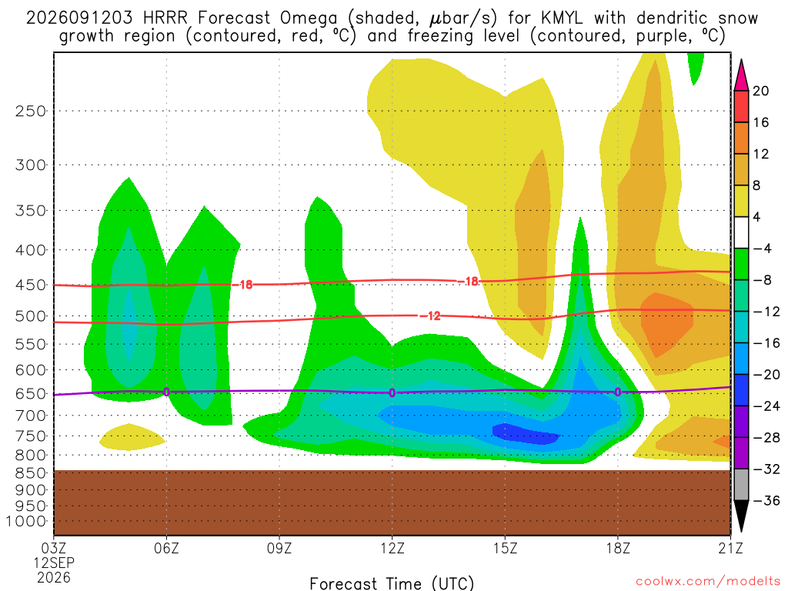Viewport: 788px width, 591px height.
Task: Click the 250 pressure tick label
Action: [30, 111]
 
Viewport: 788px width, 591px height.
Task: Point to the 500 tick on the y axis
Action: [30, 316]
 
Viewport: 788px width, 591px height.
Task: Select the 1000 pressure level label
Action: [25, 521]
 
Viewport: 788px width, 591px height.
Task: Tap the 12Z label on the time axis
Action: [392, 548]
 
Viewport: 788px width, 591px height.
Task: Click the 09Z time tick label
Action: [279, 548]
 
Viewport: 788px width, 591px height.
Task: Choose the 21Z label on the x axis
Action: [730, 548]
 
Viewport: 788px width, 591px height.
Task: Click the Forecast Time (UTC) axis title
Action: [392, 583]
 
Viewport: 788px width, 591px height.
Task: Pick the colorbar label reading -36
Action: [766, 500]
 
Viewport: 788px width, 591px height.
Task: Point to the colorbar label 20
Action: [760, 91]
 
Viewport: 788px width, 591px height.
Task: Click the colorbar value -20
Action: [766, 375]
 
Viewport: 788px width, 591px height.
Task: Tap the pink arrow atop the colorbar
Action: [741, 75]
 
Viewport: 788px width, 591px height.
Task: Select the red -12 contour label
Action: [430, 316]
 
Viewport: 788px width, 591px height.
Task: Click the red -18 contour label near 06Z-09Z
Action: [242, 285]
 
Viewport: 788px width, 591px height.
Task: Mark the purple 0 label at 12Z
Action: [392, 392]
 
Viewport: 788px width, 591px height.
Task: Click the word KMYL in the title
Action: [562, 18]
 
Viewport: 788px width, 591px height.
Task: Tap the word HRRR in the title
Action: [165, 18]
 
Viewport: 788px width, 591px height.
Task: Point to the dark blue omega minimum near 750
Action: [525, 434]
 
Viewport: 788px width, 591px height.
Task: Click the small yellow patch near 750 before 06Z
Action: [132, 437]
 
